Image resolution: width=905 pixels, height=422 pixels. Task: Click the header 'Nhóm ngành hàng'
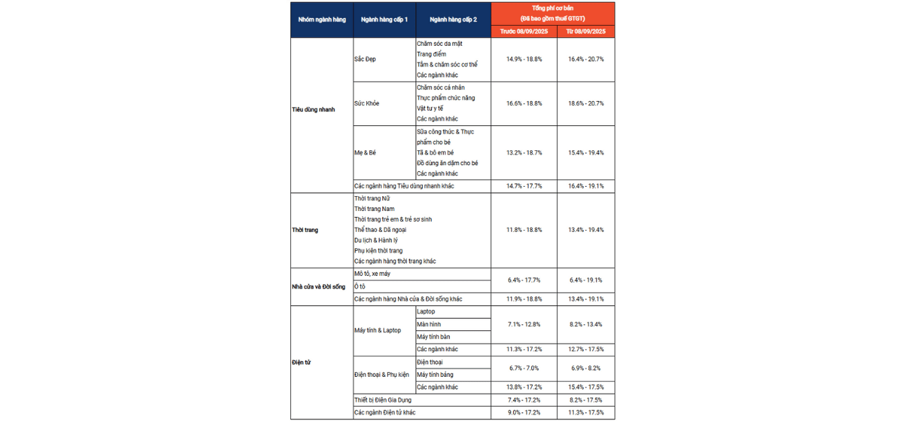(322, 20)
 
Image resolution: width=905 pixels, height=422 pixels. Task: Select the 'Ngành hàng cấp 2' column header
(452, 20)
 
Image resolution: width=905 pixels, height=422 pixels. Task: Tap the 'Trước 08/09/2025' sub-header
(524, 32)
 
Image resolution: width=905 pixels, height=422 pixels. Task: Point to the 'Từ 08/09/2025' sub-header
(586, 32)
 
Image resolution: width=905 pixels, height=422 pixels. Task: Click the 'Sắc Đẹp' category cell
(365, 59)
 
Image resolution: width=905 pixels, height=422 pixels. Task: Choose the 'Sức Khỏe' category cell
(367, 103)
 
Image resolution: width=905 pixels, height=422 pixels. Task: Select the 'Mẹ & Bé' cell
(365, 152)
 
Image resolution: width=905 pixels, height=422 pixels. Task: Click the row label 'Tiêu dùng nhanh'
(313, 109)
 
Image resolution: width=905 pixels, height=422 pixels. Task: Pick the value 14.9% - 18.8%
(524, 59)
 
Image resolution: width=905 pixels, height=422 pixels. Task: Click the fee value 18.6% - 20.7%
(586, 103)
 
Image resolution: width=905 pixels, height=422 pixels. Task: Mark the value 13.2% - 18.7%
(524, 152)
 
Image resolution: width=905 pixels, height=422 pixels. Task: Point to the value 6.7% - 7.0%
(524, 368)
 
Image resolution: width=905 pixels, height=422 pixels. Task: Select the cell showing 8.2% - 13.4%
(586, 324)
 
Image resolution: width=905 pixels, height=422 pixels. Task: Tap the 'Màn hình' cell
(429, 324)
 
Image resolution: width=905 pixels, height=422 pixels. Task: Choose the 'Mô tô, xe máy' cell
(372, 274)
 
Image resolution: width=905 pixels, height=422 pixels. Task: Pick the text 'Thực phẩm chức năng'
(446, 98)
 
